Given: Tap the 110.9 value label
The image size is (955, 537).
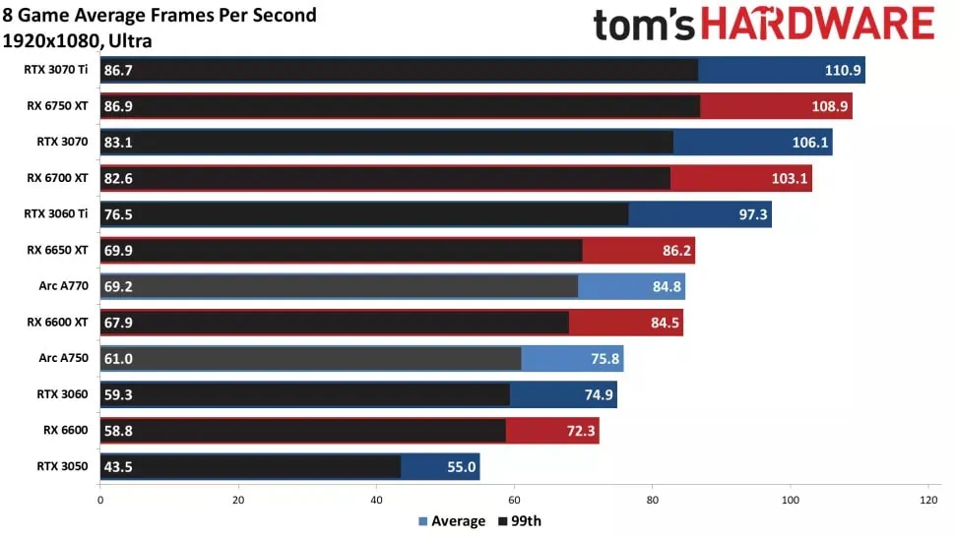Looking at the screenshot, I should (843, 70).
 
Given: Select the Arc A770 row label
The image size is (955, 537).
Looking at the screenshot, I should (63, 286).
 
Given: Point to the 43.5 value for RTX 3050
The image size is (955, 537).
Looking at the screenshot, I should (119, 467).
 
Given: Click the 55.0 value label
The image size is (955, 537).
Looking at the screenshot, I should (462, 467).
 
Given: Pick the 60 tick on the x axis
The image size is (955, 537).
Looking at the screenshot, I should (514, 499).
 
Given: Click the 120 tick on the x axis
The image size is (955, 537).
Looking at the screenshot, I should (927, 499).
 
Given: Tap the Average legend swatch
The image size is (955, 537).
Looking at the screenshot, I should (423, 521).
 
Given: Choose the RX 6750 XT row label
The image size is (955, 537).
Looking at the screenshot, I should (58, 105).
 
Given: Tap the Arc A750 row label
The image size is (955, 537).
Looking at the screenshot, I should (63, 358).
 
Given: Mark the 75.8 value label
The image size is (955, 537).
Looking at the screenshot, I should (605, 359).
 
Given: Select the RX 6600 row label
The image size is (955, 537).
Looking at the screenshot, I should (66, 430).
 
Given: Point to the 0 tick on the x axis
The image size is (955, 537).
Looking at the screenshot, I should (100, 499).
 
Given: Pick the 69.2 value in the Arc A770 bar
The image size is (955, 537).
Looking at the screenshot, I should (119, 286).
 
